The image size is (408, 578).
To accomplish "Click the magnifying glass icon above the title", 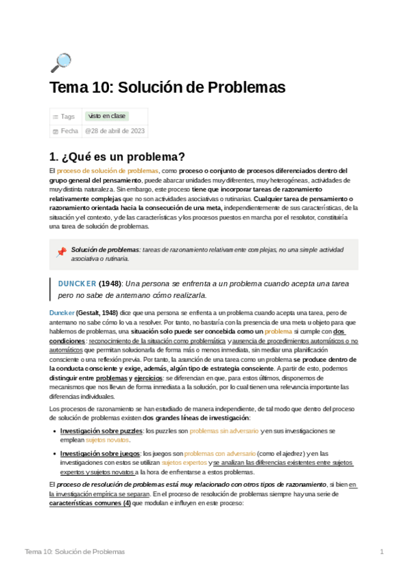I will tap(61, 63).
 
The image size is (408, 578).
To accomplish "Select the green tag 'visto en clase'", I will tap(107, 117).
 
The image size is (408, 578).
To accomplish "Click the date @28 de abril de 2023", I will tap(114, 131).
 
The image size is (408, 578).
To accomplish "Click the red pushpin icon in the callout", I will tap(61, 252).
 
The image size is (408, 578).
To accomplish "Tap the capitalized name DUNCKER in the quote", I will tap(77, 283).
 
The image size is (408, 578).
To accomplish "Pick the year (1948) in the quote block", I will tap(110, 283).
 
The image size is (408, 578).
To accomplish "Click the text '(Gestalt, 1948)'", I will tap(100, 311).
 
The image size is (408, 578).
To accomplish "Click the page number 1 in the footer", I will tap(382, 551).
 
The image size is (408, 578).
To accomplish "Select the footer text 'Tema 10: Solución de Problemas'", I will tap(74, 551).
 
